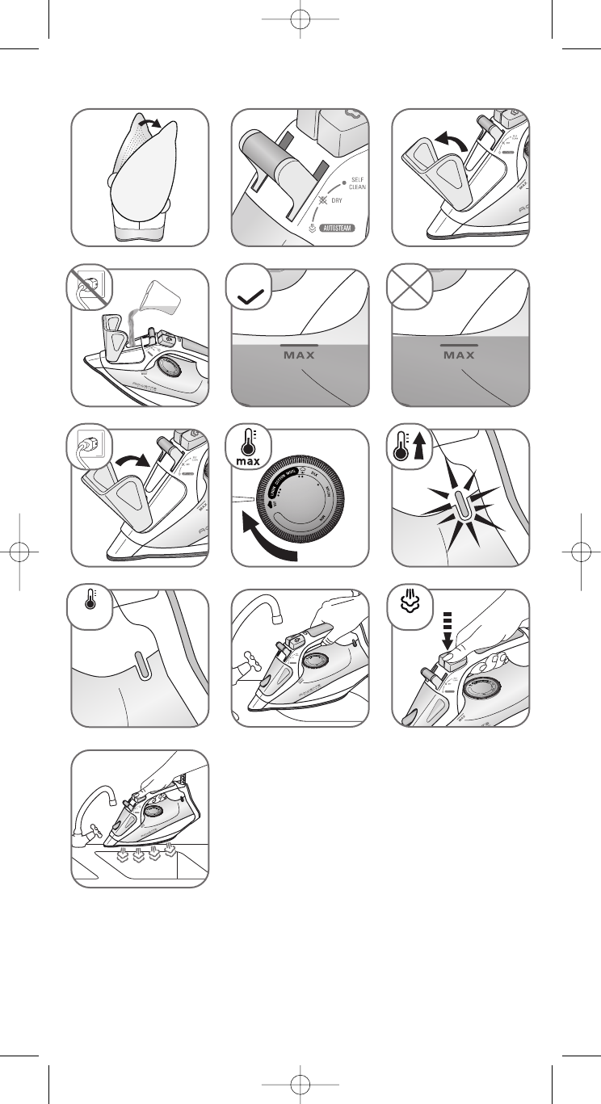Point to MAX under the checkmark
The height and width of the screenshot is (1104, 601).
[x=300, y=355]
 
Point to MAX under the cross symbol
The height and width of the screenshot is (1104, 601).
[x=460, y=355]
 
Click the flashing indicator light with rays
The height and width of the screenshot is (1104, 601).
[x=460, y=506]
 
